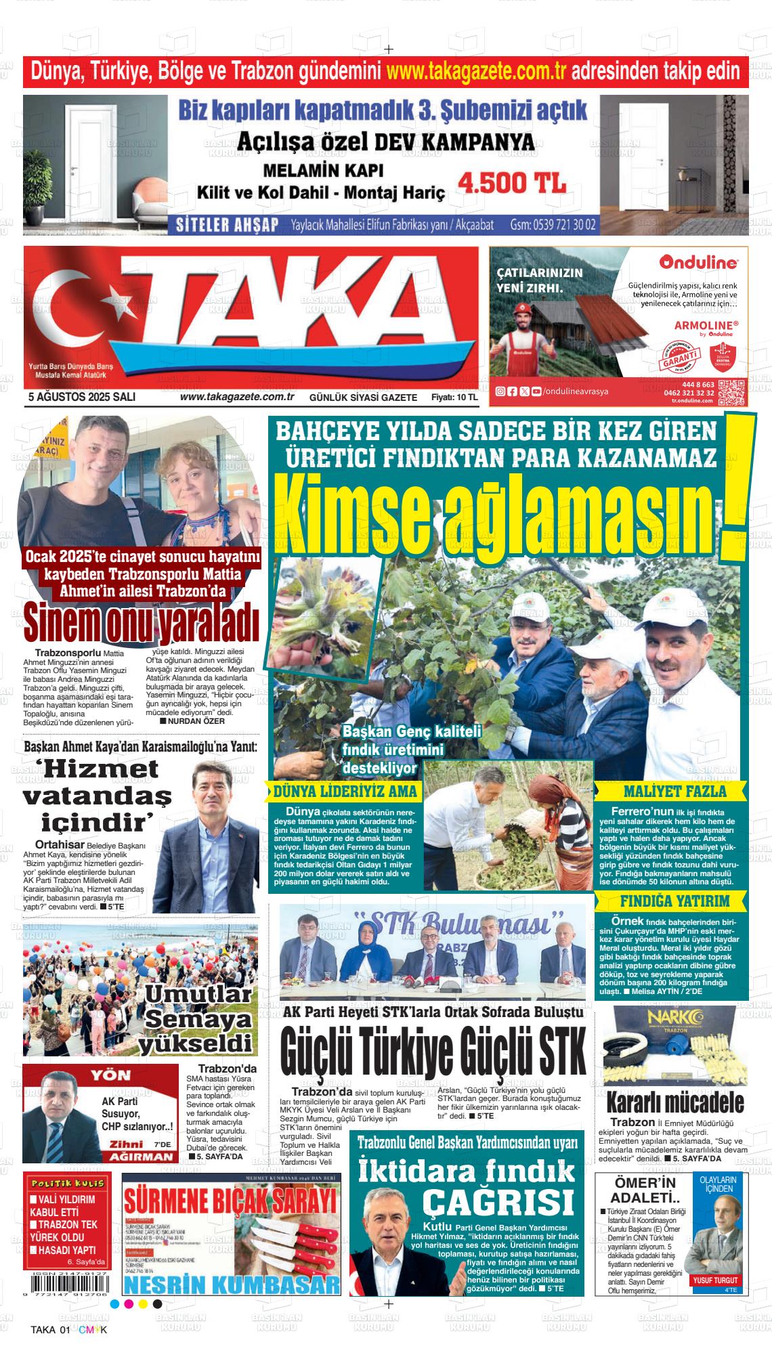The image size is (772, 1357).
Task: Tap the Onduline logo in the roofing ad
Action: [699, 261]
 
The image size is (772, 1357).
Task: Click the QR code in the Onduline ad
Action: [732, 392]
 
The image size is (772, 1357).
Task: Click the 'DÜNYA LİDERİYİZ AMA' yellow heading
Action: [345, 792]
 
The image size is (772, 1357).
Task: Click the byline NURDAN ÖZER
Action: [196, 721]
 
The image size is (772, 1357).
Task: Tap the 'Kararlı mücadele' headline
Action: [674, 1102]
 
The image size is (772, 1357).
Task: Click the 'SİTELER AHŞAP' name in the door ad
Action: [227, 225]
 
